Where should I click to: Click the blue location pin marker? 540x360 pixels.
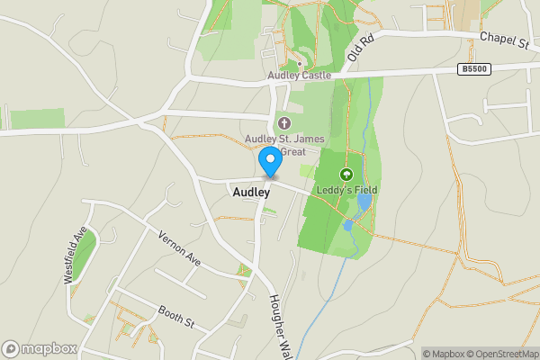pos(269,162)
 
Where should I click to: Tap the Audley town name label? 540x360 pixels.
pos(251,192)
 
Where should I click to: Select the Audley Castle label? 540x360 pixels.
pos(300,76)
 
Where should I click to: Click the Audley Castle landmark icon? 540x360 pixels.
pos(300,64)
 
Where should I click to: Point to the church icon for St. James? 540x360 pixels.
pos(285,122)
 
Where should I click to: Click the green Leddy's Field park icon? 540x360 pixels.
pos(346,175)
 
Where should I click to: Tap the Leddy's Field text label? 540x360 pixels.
pos(346,190)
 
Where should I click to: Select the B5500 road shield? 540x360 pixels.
pos(473,68)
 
